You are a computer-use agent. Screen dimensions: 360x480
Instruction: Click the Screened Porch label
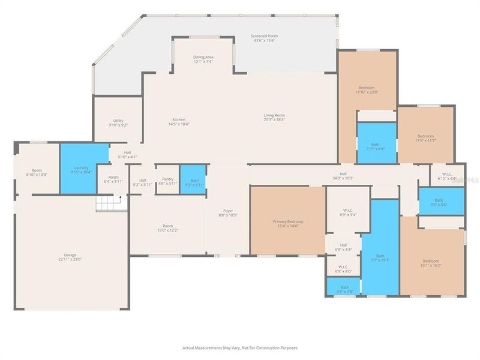tap(264, 38)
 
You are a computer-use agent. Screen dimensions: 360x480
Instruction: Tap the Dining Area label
tap(203, 59)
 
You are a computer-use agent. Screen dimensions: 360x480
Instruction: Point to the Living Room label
tap(274, 118)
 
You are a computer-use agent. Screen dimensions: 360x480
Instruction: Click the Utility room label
tap(118, 123)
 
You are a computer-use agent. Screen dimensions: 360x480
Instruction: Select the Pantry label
tap(168, 182)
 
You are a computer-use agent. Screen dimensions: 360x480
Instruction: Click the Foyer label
tap(228, 212)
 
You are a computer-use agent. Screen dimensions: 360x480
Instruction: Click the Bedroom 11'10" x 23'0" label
tap(367, 89)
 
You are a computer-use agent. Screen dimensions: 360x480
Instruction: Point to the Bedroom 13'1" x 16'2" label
tap(430, 263)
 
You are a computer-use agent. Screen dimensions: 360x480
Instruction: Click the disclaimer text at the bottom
tap(240, 347)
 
